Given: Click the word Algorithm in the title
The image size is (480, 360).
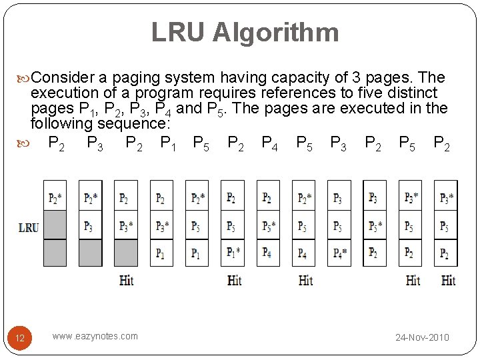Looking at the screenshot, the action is click(x=275, y=33).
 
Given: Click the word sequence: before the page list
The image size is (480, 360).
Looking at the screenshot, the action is click(x=134, y=123).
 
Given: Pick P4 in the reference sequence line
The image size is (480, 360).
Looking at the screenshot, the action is click(x=271, y=143).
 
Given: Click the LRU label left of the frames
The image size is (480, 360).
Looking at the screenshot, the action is click(x=28, y=227).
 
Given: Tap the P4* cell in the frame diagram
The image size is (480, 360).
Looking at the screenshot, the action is click(x=341, y=253).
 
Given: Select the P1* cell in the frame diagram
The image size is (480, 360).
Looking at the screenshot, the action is click(x=233, y=253).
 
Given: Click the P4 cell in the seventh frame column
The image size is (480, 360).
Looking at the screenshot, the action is click(x=267, y=253).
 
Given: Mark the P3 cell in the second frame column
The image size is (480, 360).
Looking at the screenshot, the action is click(x=89, y=226).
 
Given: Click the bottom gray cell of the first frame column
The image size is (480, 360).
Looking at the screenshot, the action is click(x=55, y=253).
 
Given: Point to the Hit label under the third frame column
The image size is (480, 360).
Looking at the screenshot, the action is click(x=126, y=280).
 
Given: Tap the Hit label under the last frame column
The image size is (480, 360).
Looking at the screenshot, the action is click(x=448, y=280).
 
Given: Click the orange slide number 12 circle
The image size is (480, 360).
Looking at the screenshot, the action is click(x=20, y=338).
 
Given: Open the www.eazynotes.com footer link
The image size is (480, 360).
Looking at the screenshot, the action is click(x=95, y=336).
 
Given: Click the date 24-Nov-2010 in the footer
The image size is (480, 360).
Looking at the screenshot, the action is click(x=422, y=337).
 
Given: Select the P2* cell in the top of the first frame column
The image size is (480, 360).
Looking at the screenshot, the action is click(x=55, y=198).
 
